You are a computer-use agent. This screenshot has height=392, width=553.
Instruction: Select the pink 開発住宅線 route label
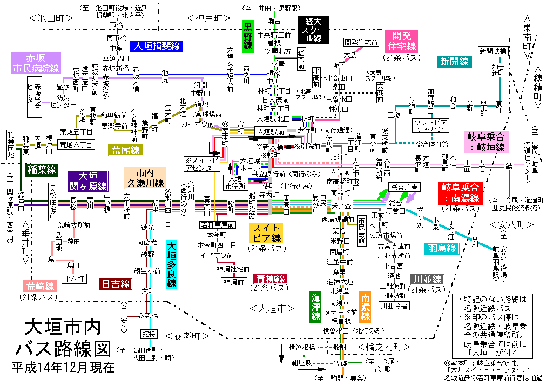point(402,41)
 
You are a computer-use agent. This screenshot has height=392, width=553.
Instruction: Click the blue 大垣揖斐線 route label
point(158,46)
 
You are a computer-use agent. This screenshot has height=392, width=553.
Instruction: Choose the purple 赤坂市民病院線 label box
point(36,63)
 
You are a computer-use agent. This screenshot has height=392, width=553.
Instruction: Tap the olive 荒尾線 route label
point(125,150)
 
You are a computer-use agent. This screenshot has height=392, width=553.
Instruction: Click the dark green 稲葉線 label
point(42,170)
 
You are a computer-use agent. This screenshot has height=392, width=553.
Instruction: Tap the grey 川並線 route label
point(427,280)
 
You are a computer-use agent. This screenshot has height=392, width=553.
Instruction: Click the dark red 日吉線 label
point(116,283)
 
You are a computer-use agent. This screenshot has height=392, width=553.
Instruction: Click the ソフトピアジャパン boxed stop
point(431,125)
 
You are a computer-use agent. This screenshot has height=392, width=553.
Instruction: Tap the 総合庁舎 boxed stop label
point(404,187)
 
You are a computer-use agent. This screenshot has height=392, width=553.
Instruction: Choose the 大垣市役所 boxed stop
point(235,182)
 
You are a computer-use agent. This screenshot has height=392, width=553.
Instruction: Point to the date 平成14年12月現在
point(63,368)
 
